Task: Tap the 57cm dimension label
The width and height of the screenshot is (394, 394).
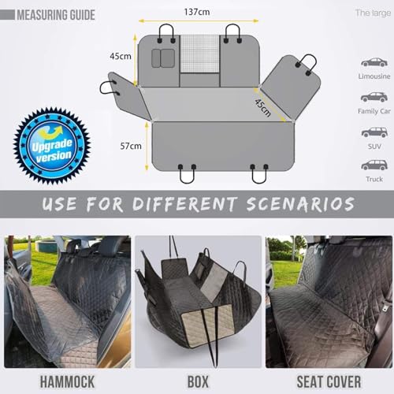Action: coord(131,146)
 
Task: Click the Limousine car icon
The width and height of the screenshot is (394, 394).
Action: coord(374,61)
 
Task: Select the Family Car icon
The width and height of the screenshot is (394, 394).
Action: coord(374,96)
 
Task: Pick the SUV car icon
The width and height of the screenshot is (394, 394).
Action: coord(374,131)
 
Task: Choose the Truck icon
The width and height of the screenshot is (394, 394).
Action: coord(374,165)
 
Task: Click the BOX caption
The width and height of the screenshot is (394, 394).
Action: coord(199,381)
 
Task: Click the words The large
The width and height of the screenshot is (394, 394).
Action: coord(372,13)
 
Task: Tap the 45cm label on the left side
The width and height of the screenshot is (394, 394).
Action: coord(120,57)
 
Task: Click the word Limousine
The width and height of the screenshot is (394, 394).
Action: coord(374,76)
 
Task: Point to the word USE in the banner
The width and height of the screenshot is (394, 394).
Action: coord(61,205)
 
